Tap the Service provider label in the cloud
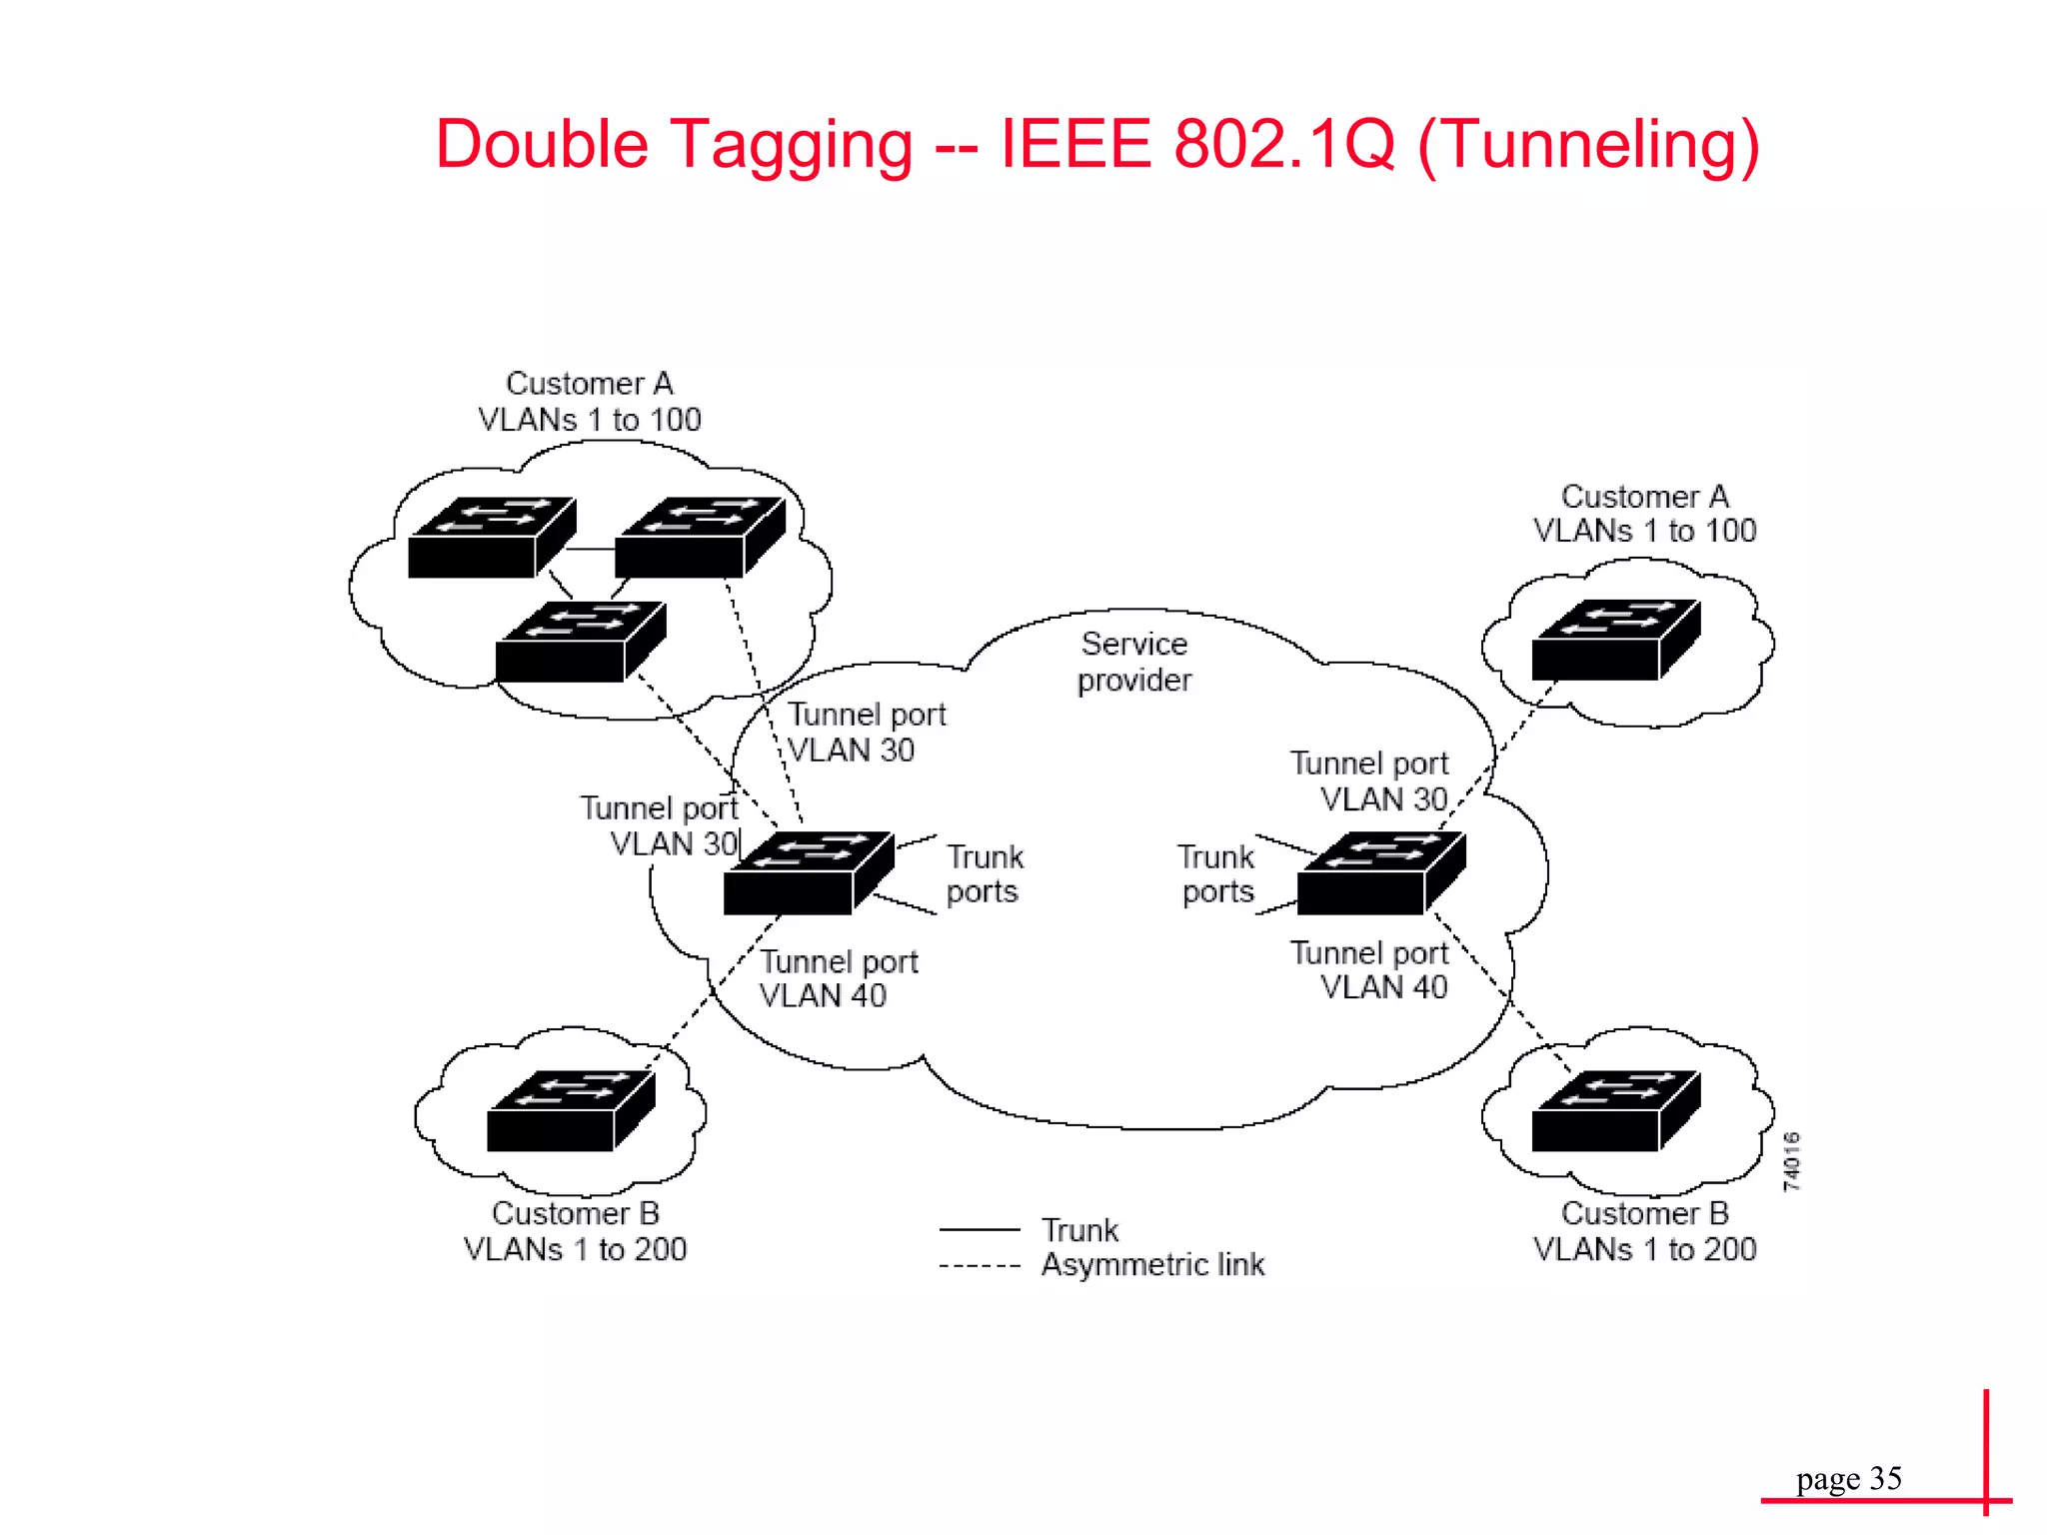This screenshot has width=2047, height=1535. click(1134, 662)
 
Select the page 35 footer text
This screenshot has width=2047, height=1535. click(1848, 1478)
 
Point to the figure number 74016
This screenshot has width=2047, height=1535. click(1791, 1161)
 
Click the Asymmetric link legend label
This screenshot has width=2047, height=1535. click(1152, 1265)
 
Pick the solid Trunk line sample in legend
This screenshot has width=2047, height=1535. click(979, 1229)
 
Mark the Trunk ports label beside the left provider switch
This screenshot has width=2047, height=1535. click(985, 874)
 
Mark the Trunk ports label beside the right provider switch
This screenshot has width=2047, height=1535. click(1217, 874)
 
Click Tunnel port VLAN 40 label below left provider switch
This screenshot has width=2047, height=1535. click(838, 978)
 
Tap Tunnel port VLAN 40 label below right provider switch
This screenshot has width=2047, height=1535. click(1368, 970)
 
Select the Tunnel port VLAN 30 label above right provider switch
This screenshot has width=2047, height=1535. click(1368, 781)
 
